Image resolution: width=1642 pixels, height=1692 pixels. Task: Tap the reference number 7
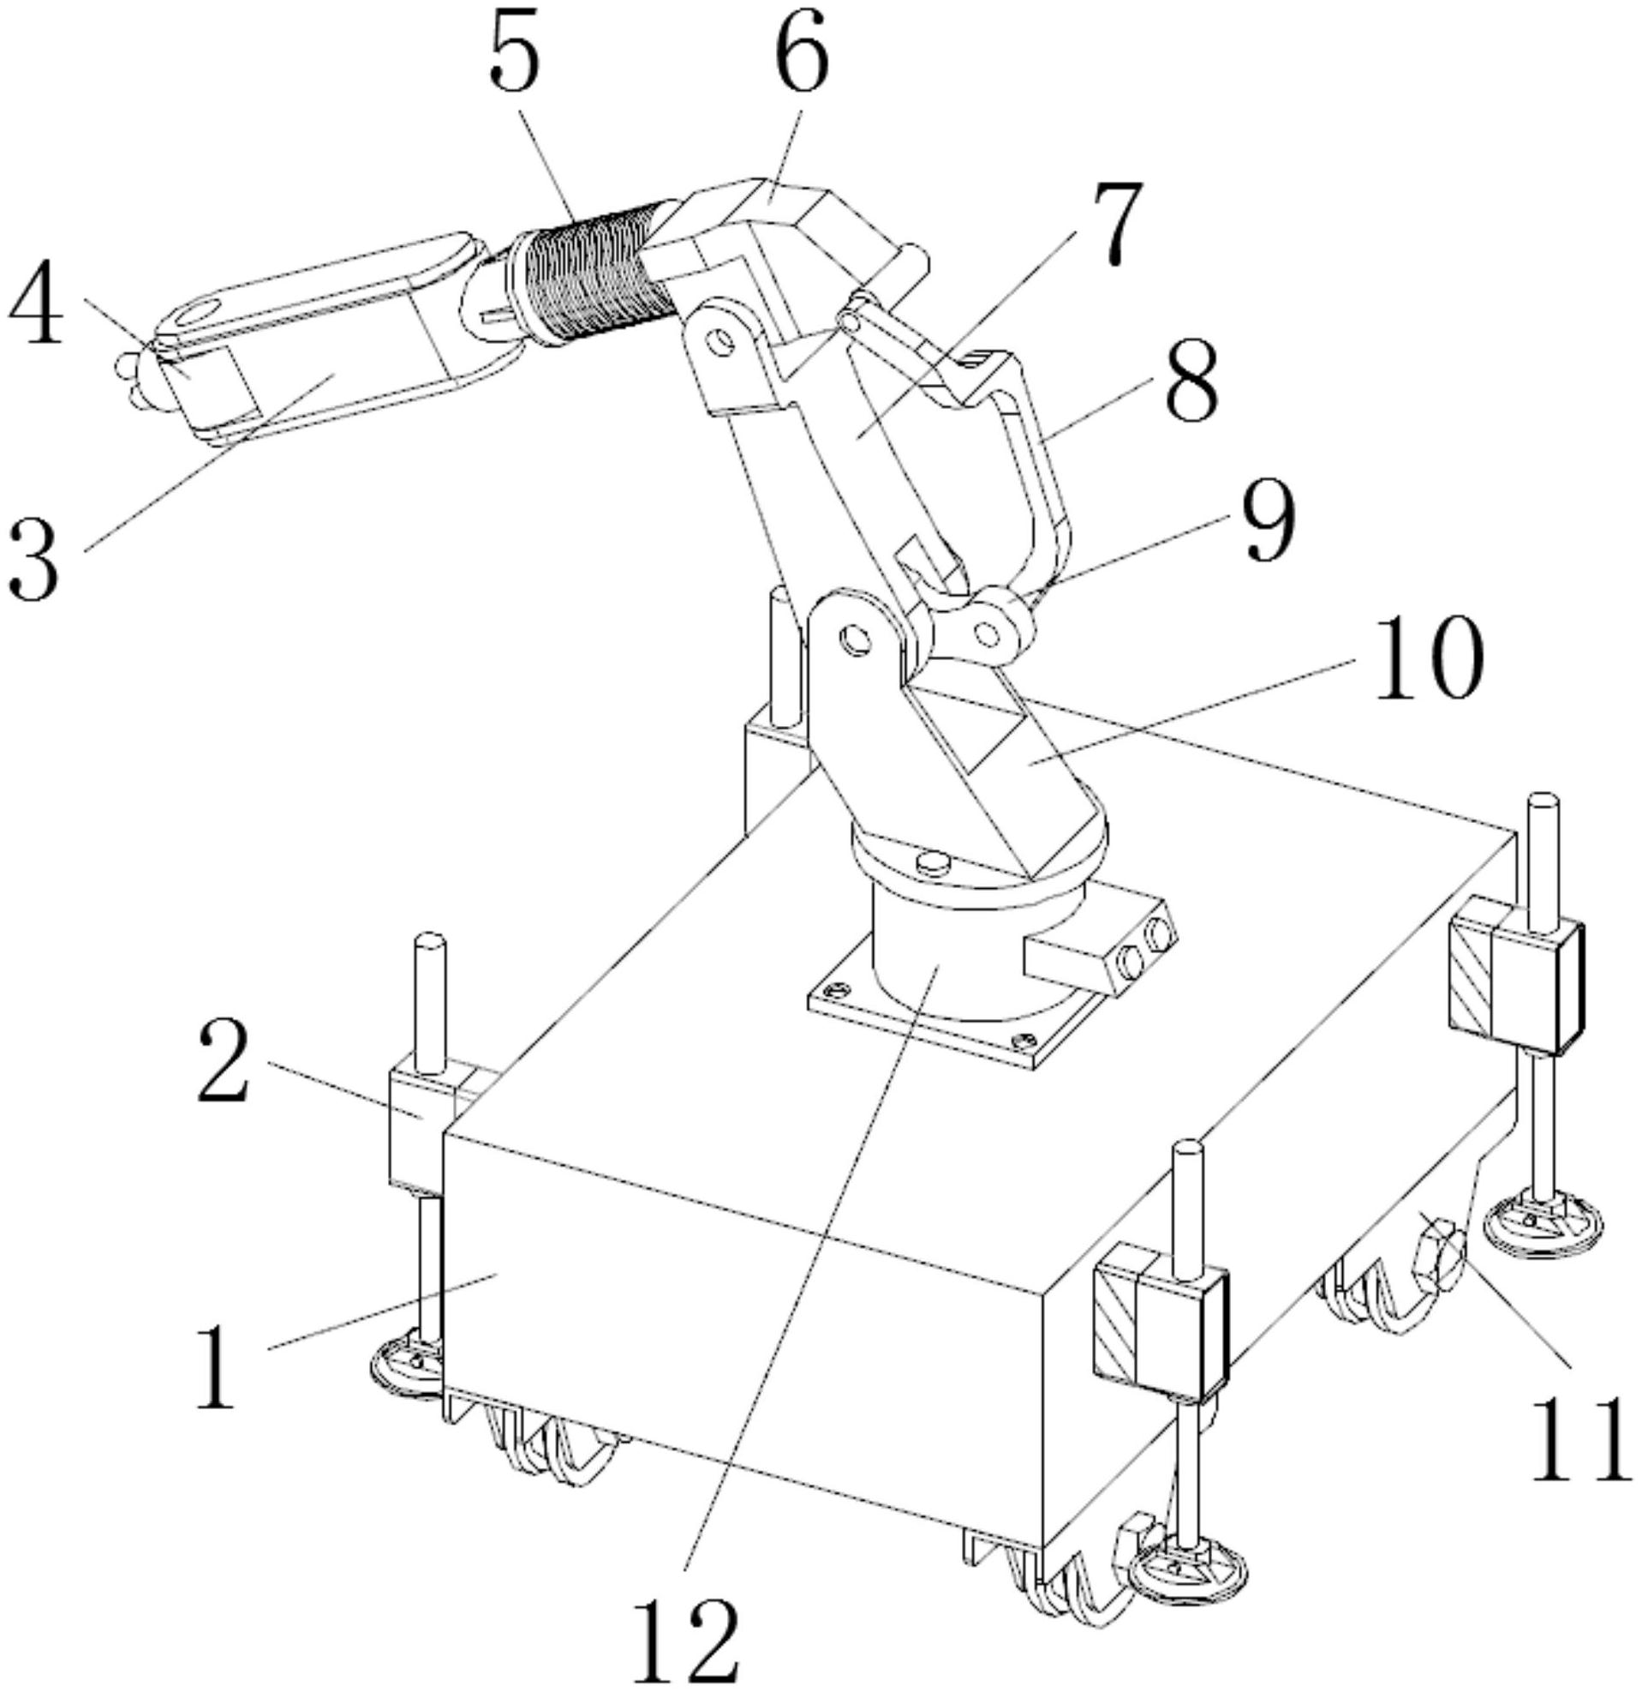(x=1113, y=222)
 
